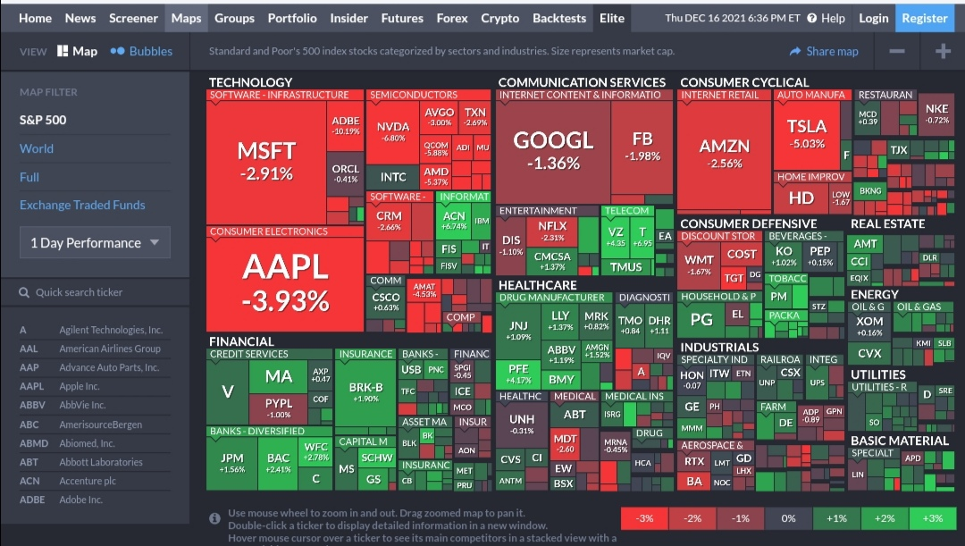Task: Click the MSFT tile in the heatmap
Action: (265, 159)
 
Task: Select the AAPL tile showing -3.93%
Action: (285, 282)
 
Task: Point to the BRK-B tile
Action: (365, 391)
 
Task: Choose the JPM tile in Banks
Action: (231, 463)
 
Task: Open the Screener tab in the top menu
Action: (133, 18)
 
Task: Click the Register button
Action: (925, 18)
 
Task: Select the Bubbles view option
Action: (141, 51)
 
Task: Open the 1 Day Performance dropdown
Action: (95, 243)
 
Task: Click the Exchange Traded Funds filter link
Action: (82, 205)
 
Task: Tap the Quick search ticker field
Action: (95, 292)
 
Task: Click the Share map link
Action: (824, 51)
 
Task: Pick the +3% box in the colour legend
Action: (932, 518)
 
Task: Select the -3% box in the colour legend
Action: (644, 518)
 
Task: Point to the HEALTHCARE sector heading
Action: (538, 285)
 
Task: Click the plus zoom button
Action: (943, 51)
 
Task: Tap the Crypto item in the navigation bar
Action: (499, 18)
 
